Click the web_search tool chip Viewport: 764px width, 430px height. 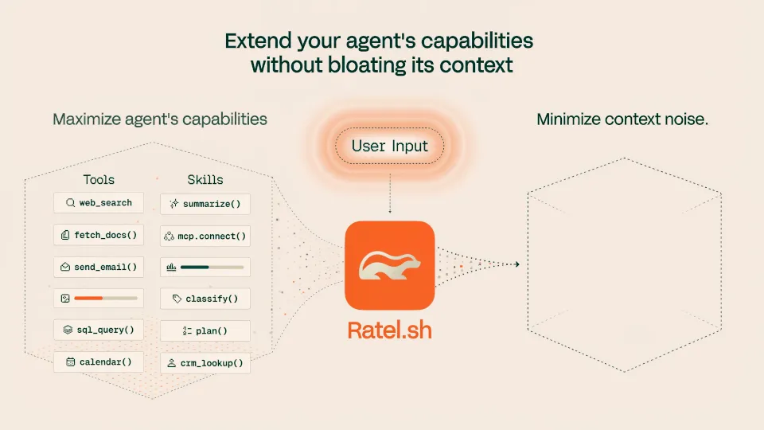(99, 203)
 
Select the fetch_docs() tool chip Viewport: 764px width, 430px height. (99, 235)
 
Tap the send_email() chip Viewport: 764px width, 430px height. (99, 268)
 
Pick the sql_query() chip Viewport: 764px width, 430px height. (99, 330)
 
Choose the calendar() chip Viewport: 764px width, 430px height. (99, 362)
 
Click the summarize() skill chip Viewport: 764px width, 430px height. (205, 205)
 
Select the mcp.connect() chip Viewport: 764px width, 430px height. (205, 236)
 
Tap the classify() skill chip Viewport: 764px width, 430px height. (205, 299)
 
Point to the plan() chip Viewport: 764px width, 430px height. (205, 331)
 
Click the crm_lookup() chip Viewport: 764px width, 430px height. (205, 363)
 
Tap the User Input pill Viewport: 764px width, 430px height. (390, 146)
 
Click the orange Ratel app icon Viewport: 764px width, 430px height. (390, 265)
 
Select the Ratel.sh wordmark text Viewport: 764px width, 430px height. (390, 330)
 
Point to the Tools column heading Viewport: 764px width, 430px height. (99, 180)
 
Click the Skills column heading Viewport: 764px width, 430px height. (205, 180)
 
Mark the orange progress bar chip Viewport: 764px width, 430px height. (99, 299)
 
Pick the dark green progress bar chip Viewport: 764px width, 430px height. (205, 268)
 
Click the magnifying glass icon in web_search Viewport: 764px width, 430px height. (71, 203)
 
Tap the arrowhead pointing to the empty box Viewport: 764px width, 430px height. (517, 264)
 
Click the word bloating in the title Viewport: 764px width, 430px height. (366, 65)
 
